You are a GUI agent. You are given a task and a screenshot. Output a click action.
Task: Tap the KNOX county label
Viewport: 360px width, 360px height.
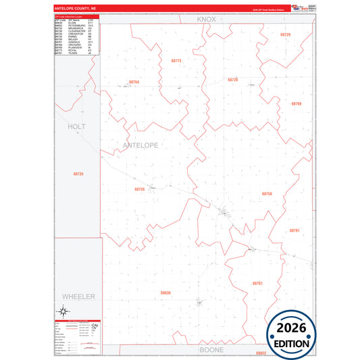(206, 20)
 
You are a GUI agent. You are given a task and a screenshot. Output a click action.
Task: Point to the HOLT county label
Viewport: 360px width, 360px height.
(78, 126)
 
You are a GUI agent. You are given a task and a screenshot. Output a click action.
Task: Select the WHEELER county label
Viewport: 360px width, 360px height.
(79, 297)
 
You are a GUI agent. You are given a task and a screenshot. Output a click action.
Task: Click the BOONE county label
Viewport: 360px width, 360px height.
(211, 350)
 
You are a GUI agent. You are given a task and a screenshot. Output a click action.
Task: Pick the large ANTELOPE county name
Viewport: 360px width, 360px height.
(140, 145)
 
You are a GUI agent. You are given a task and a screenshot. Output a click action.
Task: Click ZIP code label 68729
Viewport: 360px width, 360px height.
(285, 34)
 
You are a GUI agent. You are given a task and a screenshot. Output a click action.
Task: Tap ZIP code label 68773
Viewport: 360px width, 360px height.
(176, 61)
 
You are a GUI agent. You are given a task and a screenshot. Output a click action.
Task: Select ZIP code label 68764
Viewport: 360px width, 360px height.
(134, 82)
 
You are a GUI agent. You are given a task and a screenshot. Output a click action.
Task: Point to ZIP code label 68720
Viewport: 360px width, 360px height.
(233, 80)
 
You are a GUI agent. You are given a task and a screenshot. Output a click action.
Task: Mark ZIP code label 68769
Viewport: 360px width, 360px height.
(296, 103)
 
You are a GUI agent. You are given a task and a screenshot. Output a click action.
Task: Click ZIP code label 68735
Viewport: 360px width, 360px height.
(78, 174)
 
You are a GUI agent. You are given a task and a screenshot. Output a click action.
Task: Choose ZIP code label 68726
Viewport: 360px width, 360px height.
(140, 189)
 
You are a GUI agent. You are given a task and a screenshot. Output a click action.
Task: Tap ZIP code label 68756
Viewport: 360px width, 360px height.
(267, 193)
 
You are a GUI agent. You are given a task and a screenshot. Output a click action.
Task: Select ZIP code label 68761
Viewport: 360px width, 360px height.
(257, 283)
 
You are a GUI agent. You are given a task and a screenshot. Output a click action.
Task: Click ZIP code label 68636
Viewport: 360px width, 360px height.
(166, 292)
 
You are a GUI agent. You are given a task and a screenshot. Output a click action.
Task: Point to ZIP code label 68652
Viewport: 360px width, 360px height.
(261, 353)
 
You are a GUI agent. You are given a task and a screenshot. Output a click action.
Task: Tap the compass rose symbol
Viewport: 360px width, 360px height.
(62, 311)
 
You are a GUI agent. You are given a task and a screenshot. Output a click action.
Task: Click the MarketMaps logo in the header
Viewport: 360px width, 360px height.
(297, 8)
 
